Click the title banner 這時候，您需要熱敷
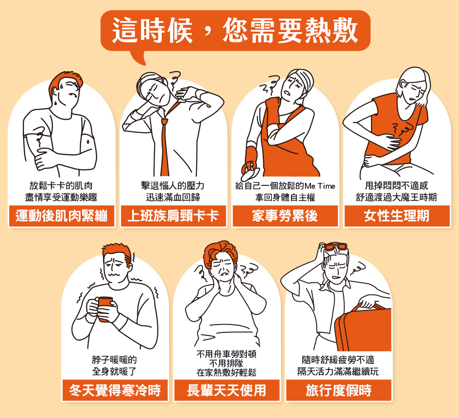pos(236,31)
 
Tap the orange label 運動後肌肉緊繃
pos(62,216)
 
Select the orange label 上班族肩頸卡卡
pos(173,216)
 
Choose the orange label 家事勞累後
pos(285,216)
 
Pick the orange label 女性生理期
pos(397,216)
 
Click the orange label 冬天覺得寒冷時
pos(115,390)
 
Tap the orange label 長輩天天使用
pos(227,390)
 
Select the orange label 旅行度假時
pos(339,390)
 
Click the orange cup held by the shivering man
pos(105,309)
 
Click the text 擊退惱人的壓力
pos(173,186)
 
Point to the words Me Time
pos(320,186)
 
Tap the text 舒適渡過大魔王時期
pos(397,197)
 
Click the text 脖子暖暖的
pos(115,360)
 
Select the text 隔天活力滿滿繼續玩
pos(338,371)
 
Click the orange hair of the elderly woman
pos(220,252)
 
